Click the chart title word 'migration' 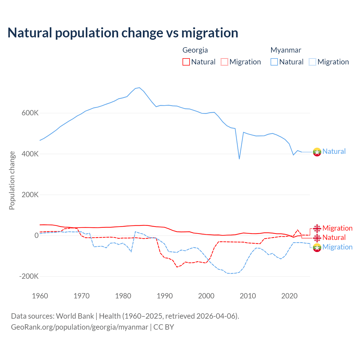[x=210, y=33]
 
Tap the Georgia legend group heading [x=195, y=50]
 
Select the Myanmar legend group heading [x=286, y=50]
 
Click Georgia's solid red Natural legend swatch [x=186, y=62]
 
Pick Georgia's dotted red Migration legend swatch [x=224, y=62]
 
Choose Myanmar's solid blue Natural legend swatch [x=274, y=62]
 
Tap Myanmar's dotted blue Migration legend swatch [x=312, y=62]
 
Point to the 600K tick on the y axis [x=30, y=113]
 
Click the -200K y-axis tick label [x=29, y=276]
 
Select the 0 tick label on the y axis [x=36, y=236]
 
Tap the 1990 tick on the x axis [x=165, y=296]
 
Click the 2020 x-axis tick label [x=289, y=296]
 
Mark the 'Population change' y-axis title [x=12, y=180]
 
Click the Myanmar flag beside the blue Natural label [x=317, y=152]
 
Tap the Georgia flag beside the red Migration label [x=317, y=228]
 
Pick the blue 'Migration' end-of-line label [x=337, y=247]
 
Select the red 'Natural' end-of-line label [x=334, y=238]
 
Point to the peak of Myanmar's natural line [x=139, y=88]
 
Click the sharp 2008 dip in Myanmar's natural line [x=239, y=159]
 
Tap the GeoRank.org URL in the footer [x=80, y=327]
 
